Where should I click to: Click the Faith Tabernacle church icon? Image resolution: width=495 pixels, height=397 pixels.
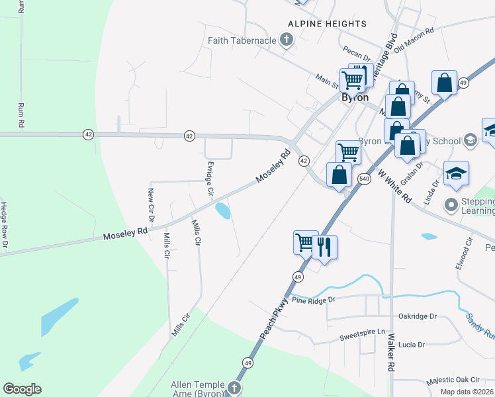tap(286, 41)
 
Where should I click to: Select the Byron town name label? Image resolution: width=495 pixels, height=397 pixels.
tap(355, 97)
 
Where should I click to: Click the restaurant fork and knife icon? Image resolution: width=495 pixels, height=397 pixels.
tap(324, 247)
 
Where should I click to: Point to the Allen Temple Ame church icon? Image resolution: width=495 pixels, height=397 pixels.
tap(234, 387)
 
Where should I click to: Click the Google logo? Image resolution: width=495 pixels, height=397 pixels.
tap(22, 389)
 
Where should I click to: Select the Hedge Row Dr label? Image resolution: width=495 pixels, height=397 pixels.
tap(4, 226)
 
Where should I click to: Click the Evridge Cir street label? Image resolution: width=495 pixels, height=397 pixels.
tap(210, 177)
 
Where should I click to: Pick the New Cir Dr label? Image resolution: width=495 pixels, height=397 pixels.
tap(151, 204)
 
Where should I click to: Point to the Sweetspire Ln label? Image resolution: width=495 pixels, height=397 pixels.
tap(362, 331)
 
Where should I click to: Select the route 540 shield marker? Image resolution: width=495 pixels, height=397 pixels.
tap(364, 179)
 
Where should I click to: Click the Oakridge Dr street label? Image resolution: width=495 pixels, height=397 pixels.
tap(418, 316)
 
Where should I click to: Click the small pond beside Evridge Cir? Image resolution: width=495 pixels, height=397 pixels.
tap(223, 211)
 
